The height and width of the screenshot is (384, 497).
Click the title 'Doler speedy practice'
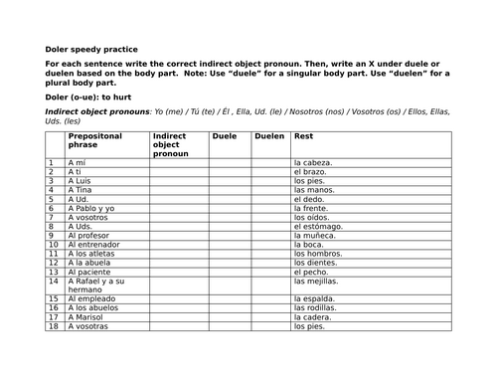point(92,49)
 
